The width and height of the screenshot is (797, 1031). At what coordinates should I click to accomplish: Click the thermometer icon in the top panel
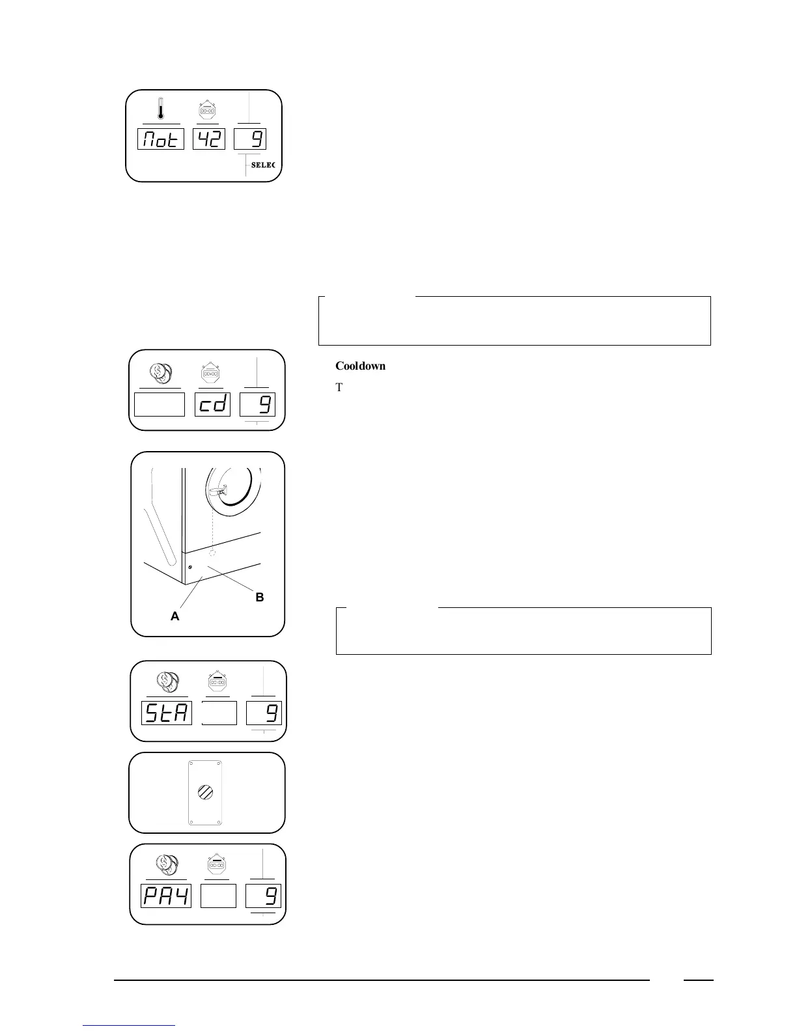click(160, 109)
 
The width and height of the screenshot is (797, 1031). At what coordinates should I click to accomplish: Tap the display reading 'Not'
click(161, 139)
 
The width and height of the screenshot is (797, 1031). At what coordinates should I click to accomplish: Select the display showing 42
click(209, 139)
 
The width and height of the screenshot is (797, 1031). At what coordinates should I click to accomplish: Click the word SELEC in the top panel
click(263, 165)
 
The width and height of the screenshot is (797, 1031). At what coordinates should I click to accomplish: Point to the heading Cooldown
click(360, 366)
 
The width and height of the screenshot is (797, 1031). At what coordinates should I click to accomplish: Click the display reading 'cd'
click(212, 404)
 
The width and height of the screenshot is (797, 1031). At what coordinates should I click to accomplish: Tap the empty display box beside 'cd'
click(160, 404)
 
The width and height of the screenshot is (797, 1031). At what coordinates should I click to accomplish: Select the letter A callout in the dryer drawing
click(175, 616)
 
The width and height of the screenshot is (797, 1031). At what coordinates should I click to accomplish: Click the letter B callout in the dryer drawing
click(259, 597)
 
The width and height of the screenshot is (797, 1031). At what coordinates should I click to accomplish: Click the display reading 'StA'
click(167, 713)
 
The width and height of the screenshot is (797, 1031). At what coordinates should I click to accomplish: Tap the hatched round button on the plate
click(205, 793)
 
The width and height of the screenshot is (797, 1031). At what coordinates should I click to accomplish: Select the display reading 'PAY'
click(166, 896)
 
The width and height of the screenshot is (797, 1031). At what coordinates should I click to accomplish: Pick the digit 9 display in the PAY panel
click(263, 896)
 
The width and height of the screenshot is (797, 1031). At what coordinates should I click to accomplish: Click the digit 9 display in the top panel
click(250, 139)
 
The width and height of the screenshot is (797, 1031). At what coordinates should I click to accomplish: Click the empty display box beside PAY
click(218, 896)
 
